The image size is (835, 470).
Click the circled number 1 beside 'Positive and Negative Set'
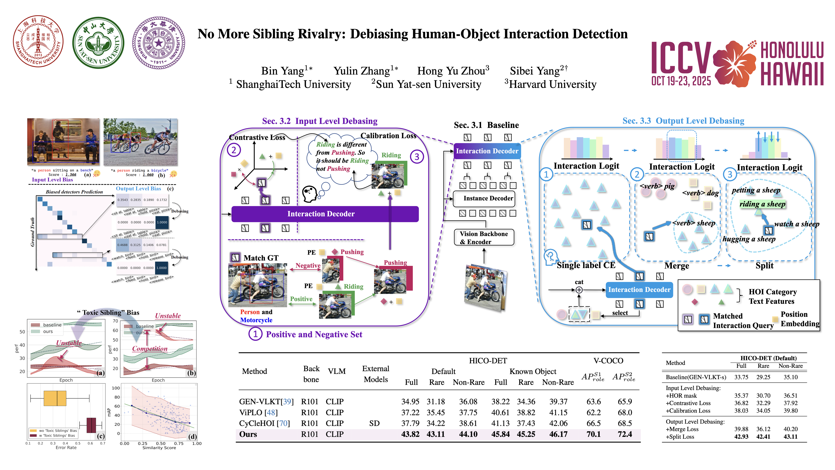click(255, 334)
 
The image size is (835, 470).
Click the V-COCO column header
click(608, 361)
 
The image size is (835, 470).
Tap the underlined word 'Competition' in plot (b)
click(150, 349)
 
